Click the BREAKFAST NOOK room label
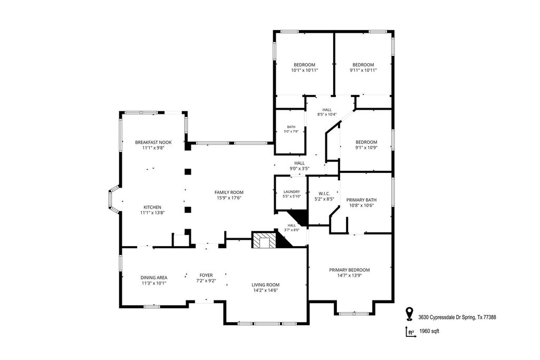coord(153,142)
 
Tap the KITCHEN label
coord(152,207)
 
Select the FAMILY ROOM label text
coord(229,192)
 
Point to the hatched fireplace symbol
coord(265,239)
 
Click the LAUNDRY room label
coord(292,192)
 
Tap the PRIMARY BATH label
coord(361,200)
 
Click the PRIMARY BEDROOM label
coord(349,270)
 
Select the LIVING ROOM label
coord(265,285)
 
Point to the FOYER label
coord(206,275)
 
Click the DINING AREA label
coord(153,277)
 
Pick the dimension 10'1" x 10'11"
coord(304,70)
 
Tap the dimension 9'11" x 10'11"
coord(363,70)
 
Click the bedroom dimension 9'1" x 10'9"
coord(367,148)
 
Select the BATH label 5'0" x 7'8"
coord(291,129)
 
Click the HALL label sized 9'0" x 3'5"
coord(300,166)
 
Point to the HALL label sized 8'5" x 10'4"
coord(327,112)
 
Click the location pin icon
coord(409,314)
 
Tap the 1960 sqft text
coord(429,332)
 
